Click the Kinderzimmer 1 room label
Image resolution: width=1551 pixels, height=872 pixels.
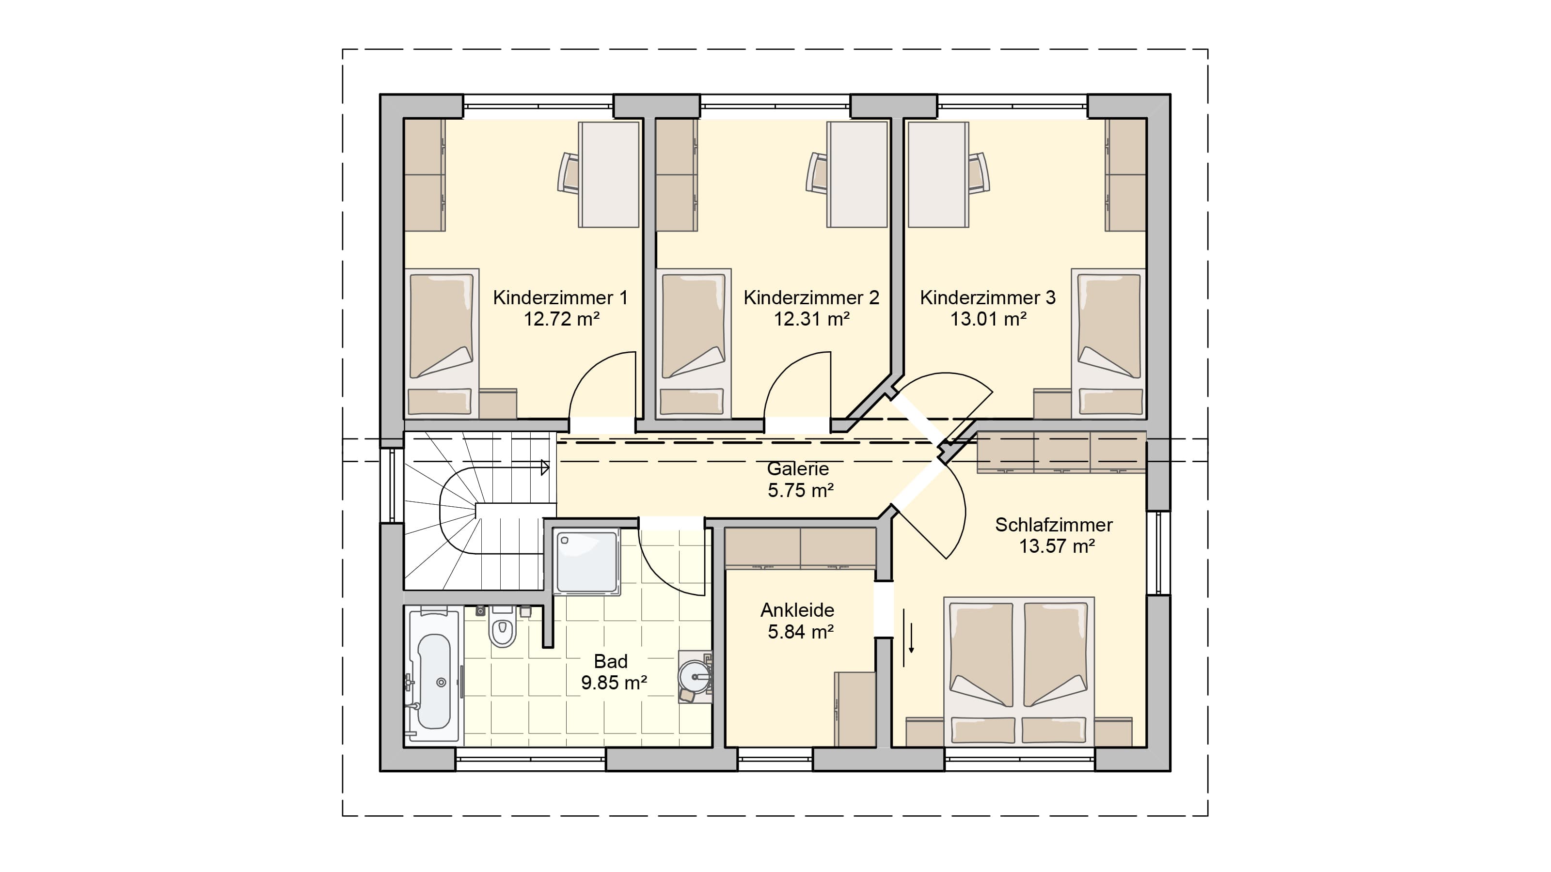coord(560,297)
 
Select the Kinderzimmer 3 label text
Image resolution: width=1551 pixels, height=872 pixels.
coord(987,297)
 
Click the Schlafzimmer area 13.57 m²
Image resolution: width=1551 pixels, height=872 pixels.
coord(1057,546)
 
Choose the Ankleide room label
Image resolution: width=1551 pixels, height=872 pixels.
coord(797,610)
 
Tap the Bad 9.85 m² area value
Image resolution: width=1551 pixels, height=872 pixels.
coord(614,683)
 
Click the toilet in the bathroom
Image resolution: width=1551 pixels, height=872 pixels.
coord(502,626)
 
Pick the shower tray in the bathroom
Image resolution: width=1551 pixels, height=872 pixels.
coord(586,562)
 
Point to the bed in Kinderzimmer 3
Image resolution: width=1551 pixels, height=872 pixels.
coord(1108,343)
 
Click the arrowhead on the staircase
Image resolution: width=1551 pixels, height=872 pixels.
coord(545,467)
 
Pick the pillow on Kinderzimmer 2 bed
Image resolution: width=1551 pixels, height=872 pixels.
coord(691,402)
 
